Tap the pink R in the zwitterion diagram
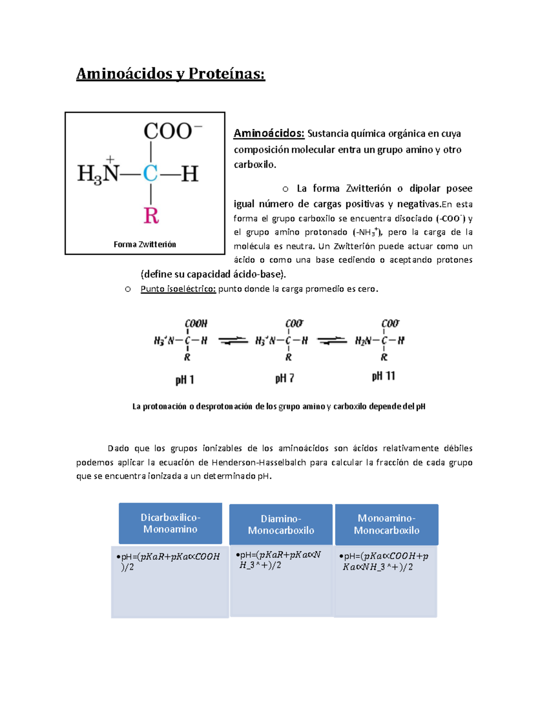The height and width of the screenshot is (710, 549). tap(151, 215)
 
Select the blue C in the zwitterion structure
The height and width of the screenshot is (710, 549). tap(151, 174)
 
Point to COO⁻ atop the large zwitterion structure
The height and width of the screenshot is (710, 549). tap(172, 131)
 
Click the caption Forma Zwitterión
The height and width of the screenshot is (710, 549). tap(145, 245)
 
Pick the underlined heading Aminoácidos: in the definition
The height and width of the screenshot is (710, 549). tap(269, 133)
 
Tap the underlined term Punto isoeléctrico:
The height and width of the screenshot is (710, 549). tap(178, 289)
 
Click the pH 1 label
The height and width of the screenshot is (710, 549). tap(185, 380)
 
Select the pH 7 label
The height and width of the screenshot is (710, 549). tap(285, 379)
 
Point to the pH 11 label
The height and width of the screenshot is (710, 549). tap(383, 376)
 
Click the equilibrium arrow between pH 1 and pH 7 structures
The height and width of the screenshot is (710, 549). tap(233, 341)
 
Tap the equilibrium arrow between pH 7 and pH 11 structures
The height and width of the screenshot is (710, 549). tap(332, 341)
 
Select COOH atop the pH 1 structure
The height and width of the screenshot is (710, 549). tap(196, 324)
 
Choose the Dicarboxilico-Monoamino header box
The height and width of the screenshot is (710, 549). tap(170, 523)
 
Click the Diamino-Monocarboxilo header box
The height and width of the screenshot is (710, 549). tap(281, 524)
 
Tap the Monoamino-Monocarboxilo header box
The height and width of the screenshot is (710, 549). tap(387, 524)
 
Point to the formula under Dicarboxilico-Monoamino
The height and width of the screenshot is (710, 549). tap(169, 561)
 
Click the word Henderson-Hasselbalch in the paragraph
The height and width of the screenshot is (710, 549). tap(259, 462)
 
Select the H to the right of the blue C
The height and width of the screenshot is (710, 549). tap(189, 174)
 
